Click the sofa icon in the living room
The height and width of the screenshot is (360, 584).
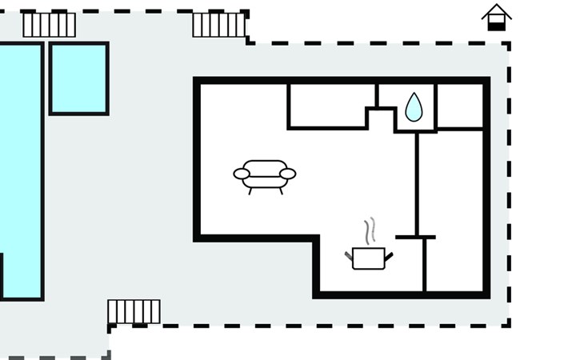(265, 174)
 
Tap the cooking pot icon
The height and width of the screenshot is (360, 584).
(369, 258)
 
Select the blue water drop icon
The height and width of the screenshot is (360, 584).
(414, 107)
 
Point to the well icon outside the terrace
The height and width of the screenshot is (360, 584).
(497, 17)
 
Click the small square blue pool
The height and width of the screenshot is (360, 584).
(78, 78)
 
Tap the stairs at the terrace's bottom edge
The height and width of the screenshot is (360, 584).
(134, 311)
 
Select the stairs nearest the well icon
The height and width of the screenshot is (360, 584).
(218, 25)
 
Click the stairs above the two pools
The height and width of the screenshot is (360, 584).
(49, 25)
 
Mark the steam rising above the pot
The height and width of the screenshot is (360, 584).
(369, 231)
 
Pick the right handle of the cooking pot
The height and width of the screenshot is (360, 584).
(389, 256)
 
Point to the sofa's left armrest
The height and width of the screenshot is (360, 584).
(242, 174)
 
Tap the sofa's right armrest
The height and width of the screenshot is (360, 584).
(288, 174)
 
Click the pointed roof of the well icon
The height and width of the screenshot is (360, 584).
(497, 10)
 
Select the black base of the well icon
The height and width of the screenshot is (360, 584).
(497, 26)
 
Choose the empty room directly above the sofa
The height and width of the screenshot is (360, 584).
(330, 105)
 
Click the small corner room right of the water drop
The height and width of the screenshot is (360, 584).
(460, 105)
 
